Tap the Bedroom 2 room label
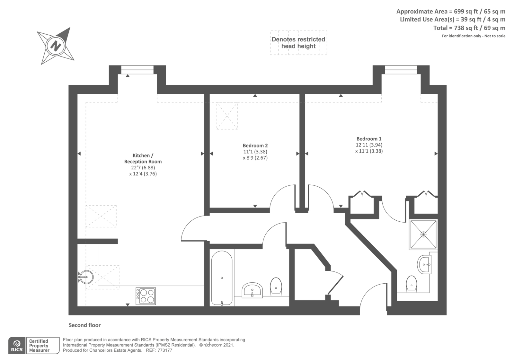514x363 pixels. pos(255,146)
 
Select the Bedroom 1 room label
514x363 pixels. pos(369,139)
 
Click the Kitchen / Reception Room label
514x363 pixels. pos(143,158)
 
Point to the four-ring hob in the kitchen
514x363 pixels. pos(146,296)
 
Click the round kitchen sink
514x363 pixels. pos(86,277)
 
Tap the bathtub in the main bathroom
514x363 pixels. pos(222,278)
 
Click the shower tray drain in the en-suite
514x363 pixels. pos(423,235)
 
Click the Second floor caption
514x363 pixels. pos(84,325)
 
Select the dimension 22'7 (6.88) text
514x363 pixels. pos(143,168)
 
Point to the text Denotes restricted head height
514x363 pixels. pos(298,43)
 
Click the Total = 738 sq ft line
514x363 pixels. pos(469,28)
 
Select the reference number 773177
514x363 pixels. pos(164,350)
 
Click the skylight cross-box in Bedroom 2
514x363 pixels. pos(227,116)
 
